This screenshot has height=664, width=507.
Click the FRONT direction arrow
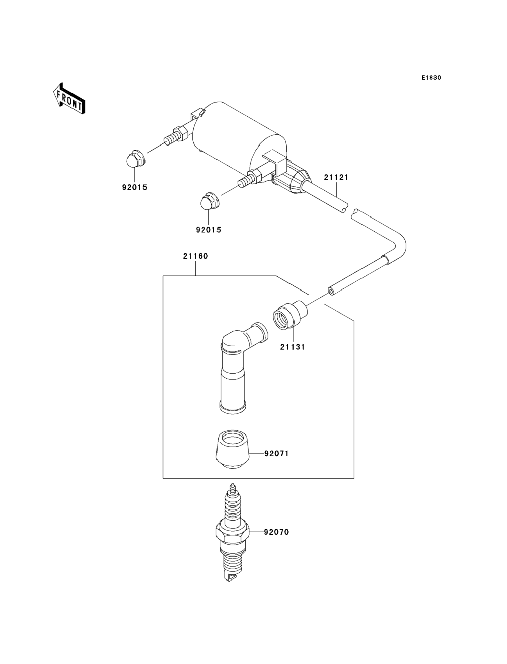tap(69, 99)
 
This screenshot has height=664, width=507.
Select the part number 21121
tap(336, 177)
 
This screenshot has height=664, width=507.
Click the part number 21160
tap(195, 256)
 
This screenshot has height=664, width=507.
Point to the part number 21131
tap(293, 347)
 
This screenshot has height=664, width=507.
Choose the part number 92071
tap(277, 462)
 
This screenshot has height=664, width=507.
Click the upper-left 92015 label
tap(135, 188)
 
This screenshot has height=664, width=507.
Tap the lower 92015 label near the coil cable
tap(209, 230)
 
